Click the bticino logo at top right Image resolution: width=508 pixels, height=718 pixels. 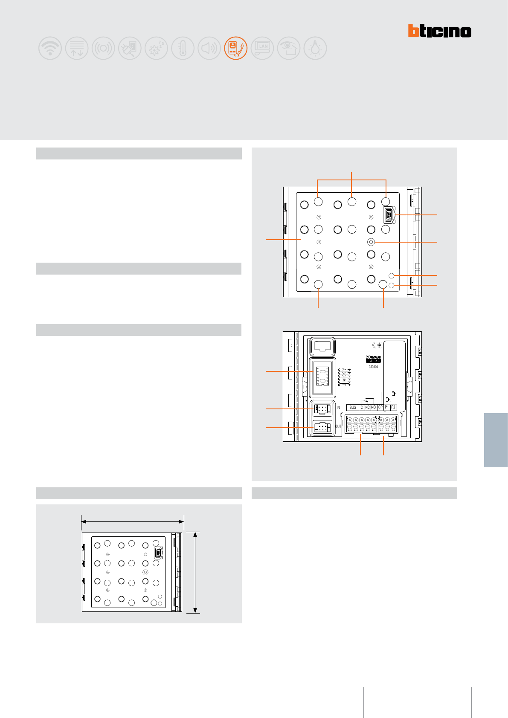[x=439, y=31]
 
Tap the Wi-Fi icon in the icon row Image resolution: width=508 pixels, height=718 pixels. [x=50, y=48]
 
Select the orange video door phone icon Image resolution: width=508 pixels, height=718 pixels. [x=235, y=48]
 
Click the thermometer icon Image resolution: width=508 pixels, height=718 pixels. [x=183, y=48]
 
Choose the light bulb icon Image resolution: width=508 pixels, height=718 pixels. [x=315, y=48]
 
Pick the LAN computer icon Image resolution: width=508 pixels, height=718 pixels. [x=262, y=48]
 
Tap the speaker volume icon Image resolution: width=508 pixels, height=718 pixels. [x=209, y=48]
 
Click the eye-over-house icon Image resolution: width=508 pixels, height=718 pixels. [x=288, y=48]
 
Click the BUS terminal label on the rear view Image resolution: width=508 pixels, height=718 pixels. [x=353, y=408]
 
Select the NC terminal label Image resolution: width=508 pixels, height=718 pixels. [x=367, y=408]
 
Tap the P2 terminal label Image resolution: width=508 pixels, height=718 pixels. [x=393, y=408]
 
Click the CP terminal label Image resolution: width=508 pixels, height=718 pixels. [x=380, y=408]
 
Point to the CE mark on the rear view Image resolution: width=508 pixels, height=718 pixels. [x=377, y=345]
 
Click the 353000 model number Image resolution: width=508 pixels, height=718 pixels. [x=373, y=367]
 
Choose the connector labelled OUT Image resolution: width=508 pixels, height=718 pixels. [x=322, y=427]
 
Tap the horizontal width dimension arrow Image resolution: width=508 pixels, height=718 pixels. [x=133, y=521]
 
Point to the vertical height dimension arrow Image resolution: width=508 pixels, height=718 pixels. [x=195, y=572]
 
